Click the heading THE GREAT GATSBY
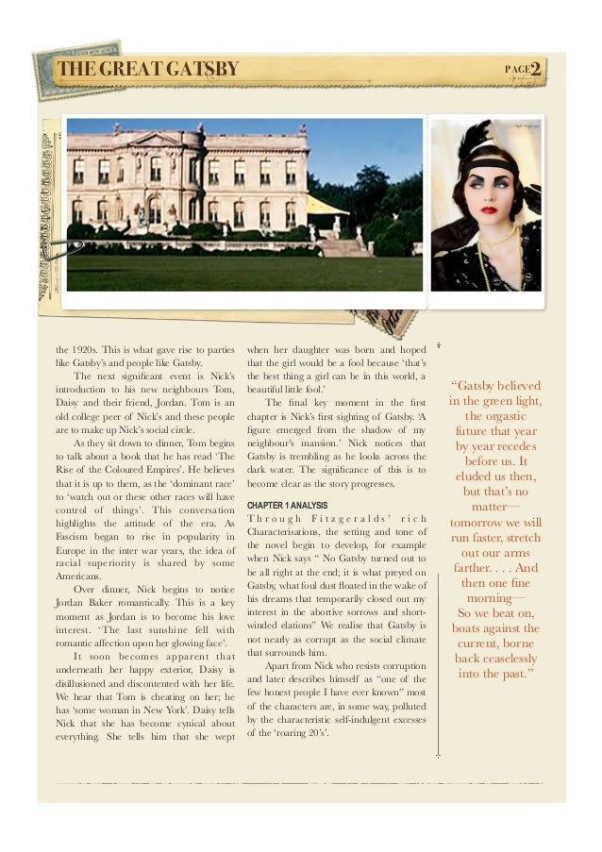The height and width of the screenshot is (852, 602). (148, 70)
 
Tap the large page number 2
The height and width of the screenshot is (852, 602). (535, 70)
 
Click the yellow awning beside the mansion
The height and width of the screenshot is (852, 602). (325, 206)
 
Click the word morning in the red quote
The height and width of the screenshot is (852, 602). (494, 598)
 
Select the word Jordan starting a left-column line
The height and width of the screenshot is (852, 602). (74, 602)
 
